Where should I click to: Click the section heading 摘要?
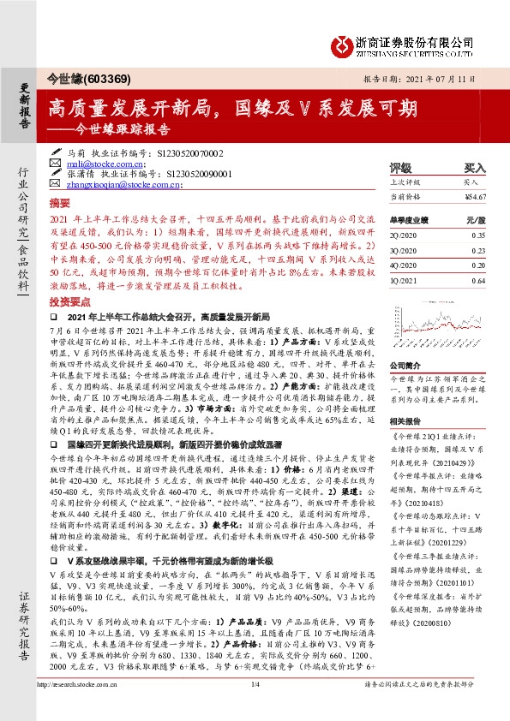pyautogui.click(x=58, y=206)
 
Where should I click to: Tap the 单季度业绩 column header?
pyautogui.click(x=408, y=219)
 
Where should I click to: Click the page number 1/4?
pyautogui.click(x=255, y=707)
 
